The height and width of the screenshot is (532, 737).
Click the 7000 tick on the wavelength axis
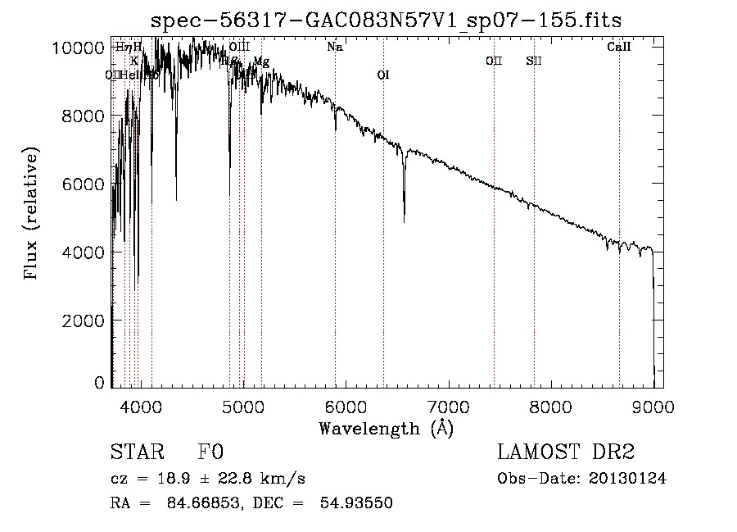click(x=448, y=405)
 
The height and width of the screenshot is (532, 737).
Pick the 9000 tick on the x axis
click(x=653, y=405)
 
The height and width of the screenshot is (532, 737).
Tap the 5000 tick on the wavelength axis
click(x=242, y=405)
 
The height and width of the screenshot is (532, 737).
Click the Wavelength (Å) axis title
click(x=386, y=428)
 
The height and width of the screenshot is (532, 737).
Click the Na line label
click(x=334, y=48)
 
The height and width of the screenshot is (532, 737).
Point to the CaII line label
click(x=619, y=48)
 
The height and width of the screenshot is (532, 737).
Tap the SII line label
click(x=534, y=61)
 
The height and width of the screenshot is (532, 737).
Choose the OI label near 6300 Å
click(x=383, y=75)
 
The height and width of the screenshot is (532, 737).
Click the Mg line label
click(x=261, y=61)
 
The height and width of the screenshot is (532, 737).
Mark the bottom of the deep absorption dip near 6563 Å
click(x=404, y=221)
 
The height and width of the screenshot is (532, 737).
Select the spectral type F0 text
click(x=210, y=452)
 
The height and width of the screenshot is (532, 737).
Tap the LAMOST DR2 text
click(x=566, y=452)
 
